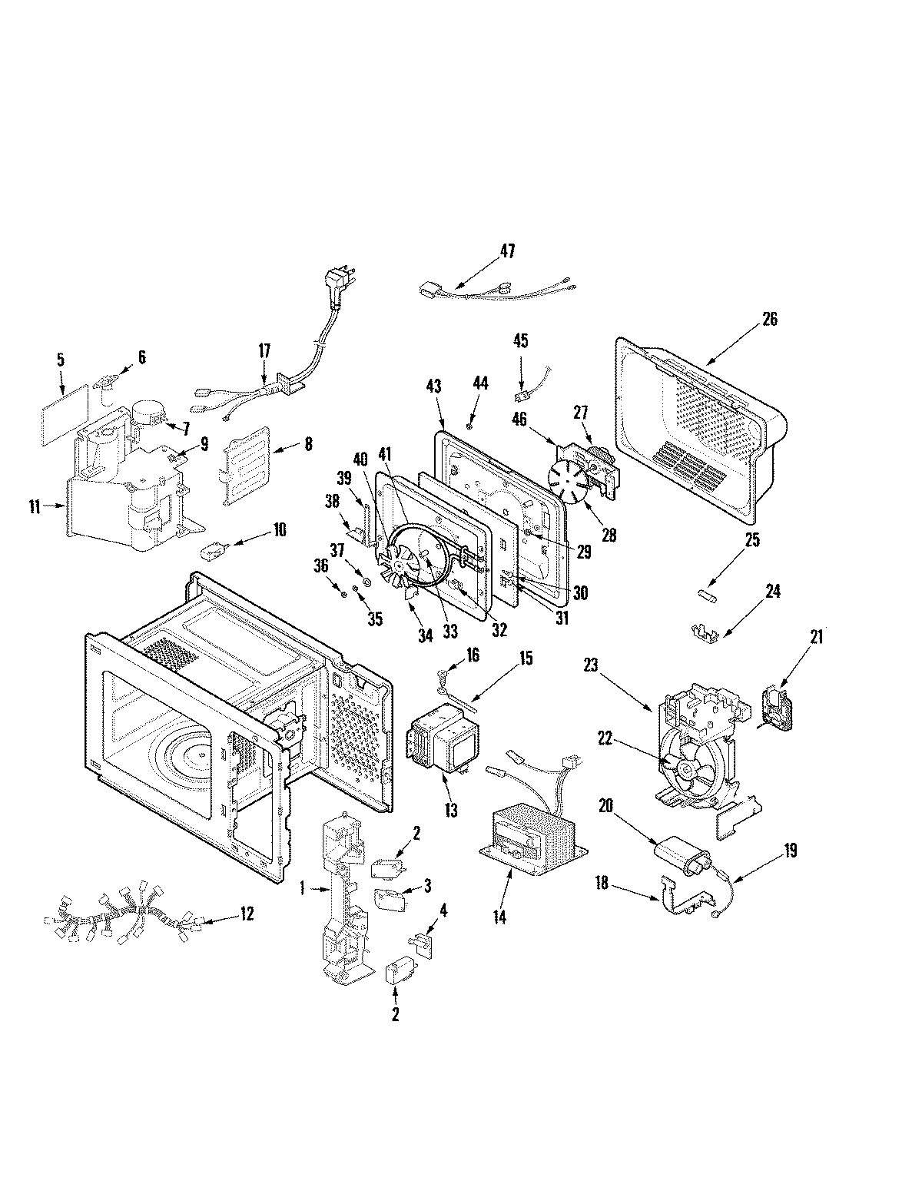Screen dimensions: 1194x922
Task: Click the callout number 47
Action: [506, 250]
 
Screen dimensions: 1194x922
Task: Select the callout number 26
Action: [769, 319]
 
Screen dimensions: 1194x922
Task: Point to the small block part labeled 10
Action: [213, 551]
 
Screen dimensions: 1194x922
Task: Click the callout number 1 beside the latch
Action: [304, 887]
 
